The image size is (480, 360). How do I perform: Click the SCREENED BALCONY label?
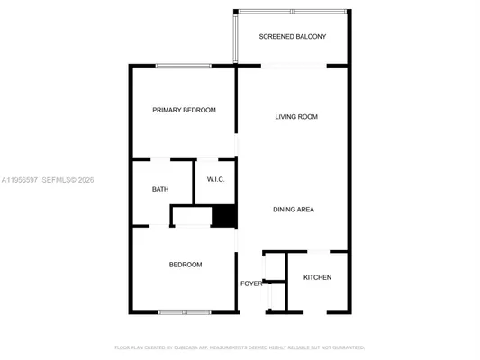pos(292,37)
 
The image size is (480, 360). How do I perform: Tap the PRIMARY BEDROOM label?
pos(184,110)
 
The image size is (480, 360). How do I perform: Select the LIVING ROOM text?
pos(295,117)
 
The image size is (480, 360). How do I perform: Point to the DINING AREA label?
pos(294,210)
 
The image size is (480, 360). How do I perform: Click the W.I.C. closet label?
pos(215,179)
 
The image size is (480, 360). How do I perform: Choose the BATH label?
pos(160,189)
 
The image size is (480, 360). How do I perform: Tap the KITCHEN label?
pos(317,277)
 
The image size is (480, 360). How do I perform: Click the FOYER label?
pos(251,283)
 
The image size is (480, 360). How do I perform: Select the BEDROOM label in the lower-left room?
pos(186,265)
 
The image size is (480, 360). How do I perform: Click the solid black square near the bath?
pos(223,217)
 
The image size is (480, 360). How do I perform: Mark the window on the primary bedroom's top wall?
pos(183,66)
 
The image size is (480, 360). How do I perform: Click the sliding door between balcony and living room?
pos(294,66)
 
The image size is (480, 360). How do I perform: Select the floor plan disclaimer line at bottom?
pos(240,346)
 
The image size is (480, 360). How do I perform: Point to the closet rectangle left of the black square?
pos(191,217)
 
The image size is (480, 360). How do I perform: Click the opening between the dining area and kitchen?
pos(321,251)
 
